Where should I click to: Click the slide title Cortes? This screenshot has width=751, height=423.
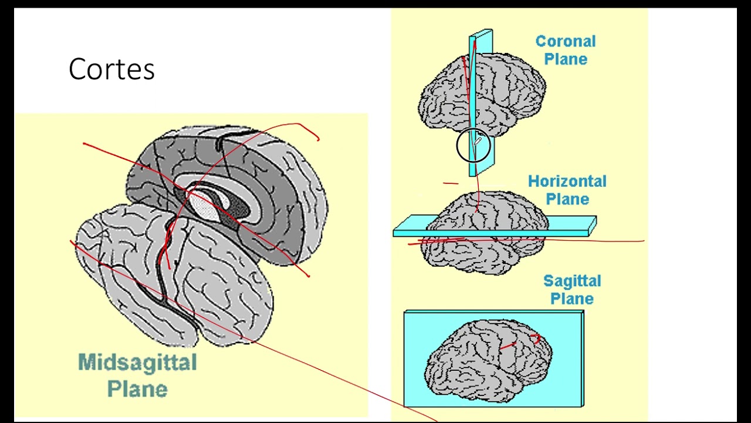[111, 69]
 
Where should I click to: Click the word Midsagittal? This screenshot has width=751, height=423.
[137, 362]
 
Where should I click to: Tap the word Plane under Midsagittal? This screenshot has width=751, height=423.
[137, 389]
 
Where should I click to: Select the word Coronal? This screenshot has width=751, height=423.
[566, 42]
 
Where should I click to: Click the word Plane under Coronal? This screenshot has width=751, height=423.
[566, 59]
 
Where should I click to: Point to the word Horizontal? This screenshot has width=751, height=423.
[567, 182]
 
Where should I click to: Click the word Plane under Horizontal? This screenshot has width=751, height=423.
[567, 199]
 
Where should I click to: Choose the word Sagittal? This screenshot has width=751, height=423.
[572, 281]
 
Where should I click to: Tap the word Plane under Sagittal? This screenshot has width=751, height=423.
[572, 299]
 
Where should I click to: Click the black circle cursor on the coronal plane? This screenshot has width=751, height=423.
[473, 145]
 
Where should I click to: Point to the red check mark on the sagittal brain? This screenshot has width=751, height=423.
[535, 338]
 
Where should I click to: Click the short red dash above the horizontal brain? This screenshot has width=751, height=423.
[451, 183]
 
